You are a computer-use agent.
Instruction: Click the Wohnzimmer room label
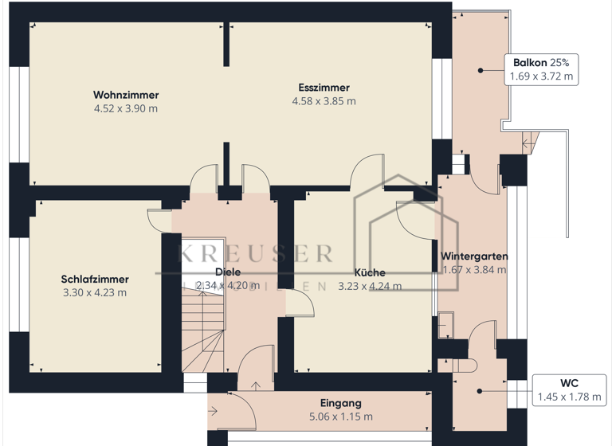pyautogui.click(x=125, y=95)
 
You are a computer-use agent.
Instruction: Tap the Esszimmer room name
pyautogui.click(x=324, y=88)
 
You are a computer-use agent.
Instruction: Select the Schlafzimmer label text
pyautogui.click(x=95, y=279)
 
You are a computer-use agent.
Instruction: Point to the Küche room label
pyautogui.click(x=369, y=272)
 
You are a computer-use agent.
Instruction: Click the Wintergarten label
pyautogui.click(x=474, y=256)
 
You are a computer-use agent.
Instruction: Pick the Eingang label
pyautogui.click(x=340, y=403)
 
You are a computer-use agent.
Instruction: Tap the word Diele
pyautogui.click(x=228, y=272)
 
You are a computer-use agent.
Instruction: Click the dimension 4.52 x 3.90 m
pyautogui.click(x=125, y=108)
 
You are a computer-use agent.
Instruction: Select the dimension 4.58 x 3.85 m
pyautogui.click(x=324, y=101)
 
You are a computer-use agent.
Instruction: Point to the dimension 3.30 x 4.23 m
pyautogui.click(x=95, y=292)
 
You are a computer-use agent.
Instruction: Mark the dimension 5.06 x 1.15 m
pyautogui.click(x=340, y=417)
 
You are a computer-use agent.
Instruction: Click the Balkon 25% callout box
pyautogui.click(x=542, y=70)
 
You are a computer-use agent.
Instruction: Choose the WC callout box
pyautogui.click(x=568, y=389)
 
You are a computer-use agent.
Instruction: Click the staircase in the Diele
pyautogui.click(x=199, y=331)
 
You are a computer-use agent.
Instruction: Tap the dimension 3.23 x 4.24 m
pyautogui.click(x=369, y=286)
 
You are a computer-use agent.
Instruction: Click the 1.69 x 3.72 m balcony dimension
pyautogui.click(x=542, y=77)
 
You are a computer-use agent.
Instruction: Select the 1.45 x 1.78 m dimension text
pyautogui.click(x=568, y=397)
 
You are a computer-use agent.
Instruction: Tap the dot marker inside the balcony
pyautogui.click(x=481, y=71)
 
